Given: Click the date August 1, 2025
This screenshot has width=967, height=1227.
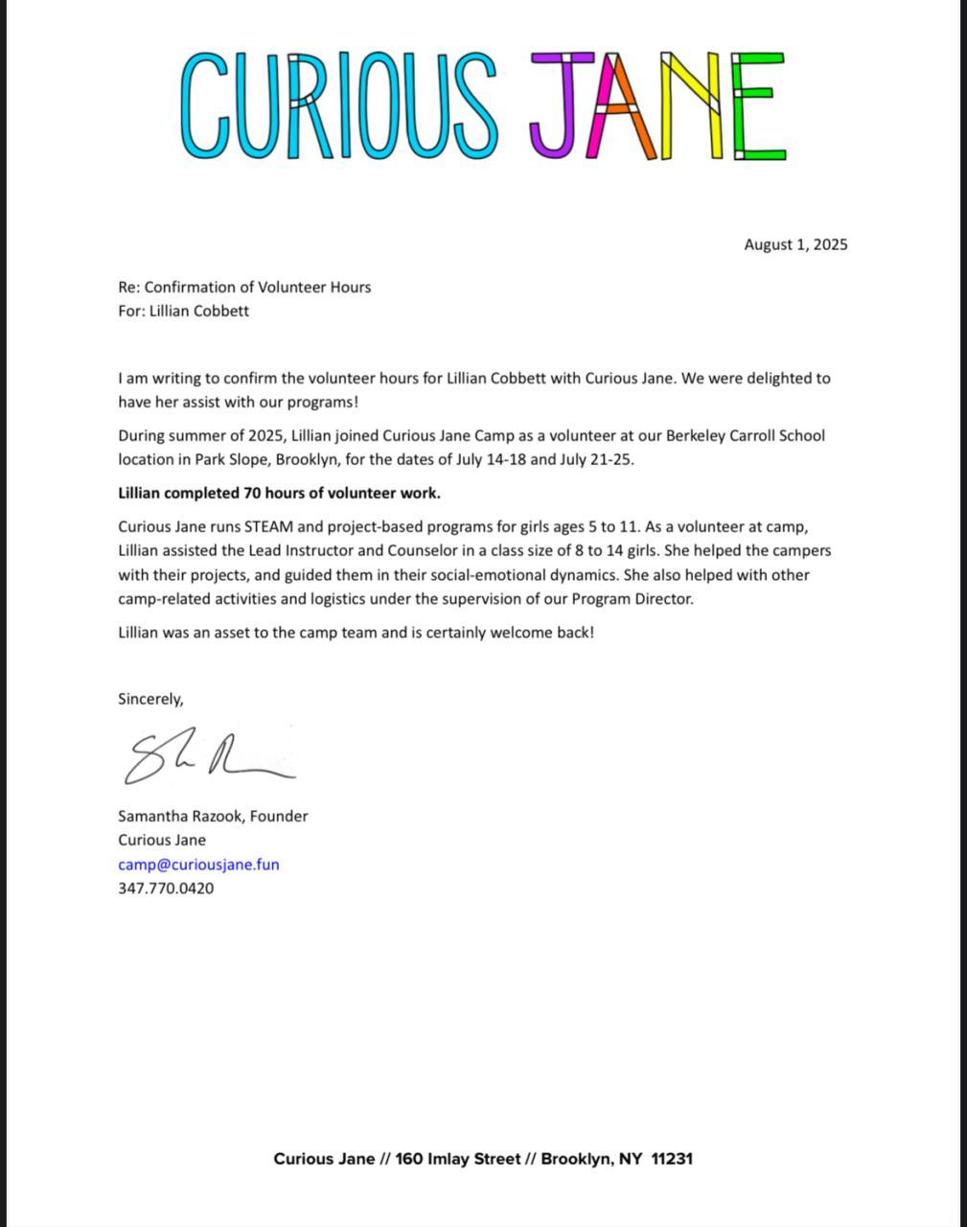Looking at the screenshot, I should (795, 244).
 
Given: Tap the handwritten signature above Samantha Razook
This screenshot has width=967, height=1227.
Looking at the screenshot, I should (206, 758).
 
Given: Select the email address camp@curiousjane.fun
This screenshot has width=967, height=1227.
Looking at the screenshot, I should (198, 864).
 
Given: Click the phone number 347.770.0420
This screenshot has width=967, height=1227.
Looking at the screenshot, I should (166, 888).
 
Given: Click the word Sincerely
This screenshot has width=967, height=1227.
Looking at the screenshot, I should (150, 699).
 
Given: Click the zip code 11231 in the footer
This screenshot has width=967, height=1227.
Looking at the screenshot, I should (672, 1158).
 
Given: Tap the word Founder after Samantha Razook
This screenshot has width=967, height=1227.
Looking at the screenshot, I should (279, 816).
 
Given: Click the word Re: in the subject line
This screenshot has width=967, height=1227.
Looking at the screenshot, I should (128, 287).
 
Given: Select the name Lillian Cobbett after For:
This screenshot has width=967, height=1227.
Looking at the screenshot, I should (198, 311).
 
